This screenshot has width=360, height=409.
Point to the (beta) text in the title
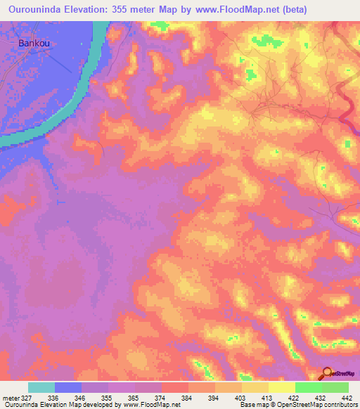point(309,9)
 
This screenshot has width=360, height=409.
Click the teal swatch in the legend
point(41,387)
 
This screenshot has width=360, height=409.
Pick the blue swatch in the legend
point(68,387)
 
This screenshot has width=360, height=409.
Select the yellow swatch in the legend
point(281,387)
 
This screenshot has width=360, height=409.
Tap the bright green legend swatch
point(308,387)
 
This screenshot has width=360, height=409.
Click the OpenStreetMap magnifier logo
point(328,372)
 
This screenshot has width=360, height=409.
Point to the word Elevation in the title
point(95,9)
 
